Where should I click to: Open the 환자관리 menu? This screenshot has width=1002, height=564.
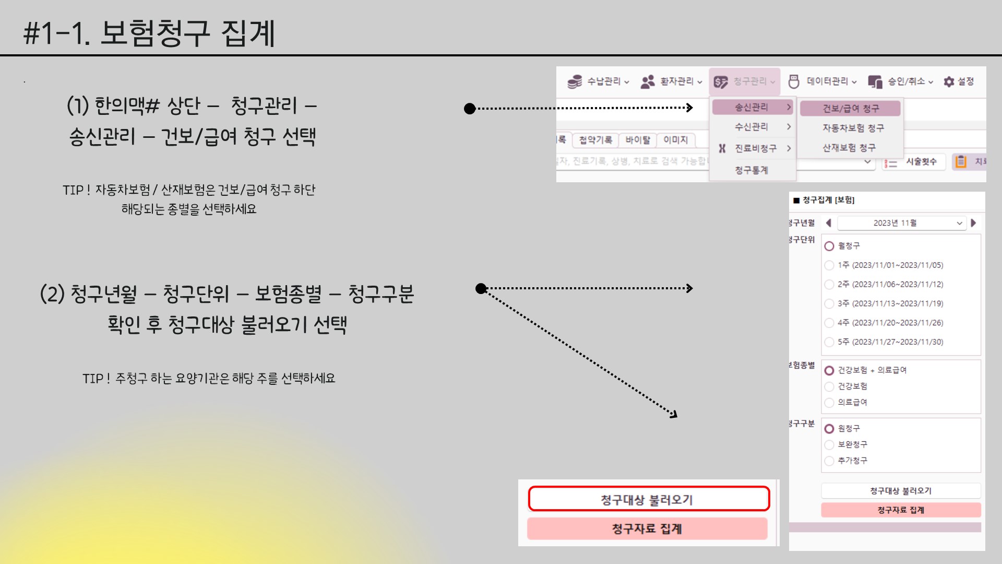pos(671,81)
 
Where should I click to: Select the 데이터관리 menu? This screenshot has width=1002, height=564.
pos(822,81)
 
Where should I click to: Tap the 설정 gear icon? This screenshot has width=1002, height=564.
pos(949,81)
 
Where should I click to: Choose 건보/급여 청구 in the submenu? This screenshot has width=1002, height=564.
pos(850,109)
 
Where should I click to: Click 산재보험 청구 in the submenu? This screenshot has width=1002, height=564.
pos(849,148)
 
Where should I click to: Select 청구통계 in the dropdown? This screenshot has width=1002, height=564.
pos(751,170)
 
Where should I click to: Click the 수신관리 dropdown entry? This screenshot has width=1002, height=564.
pos(751,127)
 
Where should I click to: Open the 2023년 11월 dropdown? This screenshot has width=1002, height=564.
pos(901,223)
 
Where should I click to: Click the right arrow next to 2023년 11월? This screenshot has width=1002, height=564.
pos(973,223)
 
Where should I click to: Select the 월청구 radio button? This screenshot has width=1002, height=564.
pos(829,246)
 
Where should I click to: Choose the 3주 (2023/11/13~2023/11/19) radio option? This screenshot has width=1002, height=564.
pos(829,303)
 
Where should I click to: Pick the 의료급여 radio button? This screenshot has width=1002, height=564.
pos(829,403)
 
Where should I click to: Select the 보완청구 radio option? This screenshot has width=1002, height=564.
pos(829,445)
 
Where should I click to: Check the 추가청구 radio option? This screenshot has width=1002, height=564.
pos(829,461)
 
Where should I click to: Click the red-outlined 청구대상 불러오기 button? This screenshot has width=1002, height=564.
pos(648,499)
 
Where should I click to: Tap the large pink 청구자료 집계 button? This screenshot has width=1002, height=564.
pos(647,528)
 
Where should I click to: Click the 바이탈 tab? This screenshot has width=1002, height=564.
pos(638,140)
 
